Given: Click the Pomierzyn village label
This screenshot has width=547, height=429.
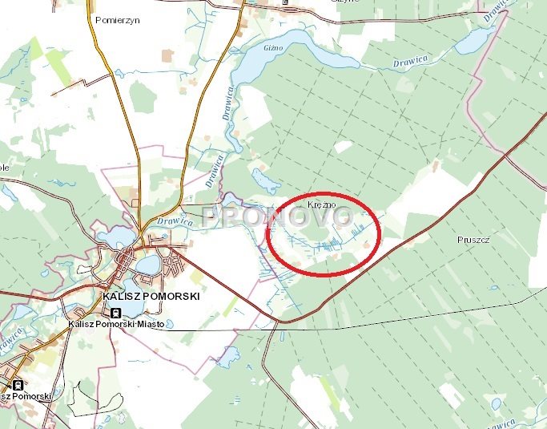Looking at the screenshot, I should (x=117, y=19).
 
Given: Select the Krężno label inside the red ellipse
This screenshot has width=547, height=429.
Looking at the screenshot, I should (x=320, y=205).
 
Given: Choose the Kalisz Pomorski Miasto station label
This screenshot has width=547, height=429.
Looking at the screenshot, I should (x=117, y=324).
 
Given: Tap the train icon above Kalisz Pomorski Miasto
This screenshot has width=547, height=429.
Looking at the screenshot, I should (x=117, y=312).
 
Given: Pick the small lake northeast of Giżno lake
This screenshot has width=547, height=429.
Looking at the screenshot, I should (x=473, y=39).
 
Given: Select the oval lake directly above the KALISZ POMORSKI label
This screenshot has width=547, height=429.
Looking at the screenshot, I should (x=147, y=264).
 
